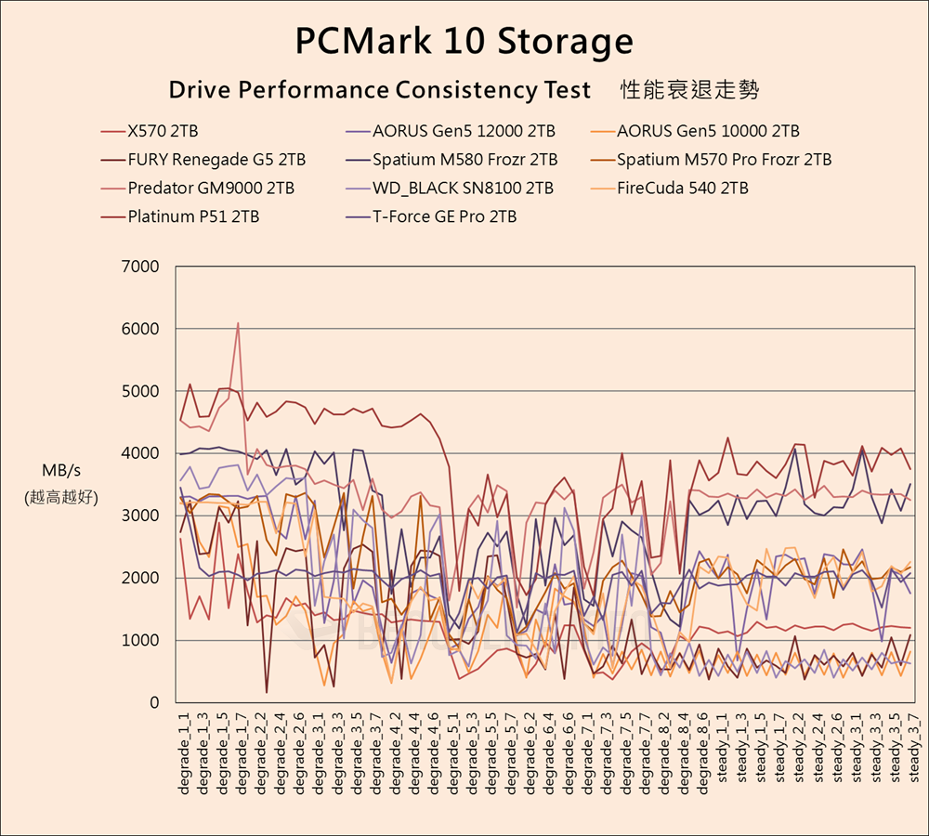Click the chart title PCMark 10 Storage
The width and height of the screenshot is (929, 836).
tap(464, 42)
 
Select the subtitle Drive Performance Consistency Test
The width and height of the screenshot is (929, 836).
tap(379, 90)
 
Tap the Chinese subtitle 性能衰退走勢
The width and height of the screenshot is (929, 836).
tap(688, 90)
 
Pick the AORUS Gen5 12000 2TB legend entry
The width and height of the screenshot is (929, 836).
tap(464, 131)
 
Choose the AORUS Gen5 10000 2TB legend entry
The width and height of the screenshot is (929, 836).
tap(708, 131)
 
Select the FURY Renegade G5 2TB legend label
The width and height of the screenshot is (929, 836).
tap(216, 160)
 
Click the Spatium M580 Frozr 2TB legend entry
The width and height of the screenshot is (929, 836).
tap(464, 160)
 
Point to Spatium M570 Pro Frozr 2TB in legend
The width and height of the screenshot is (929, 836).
tap(724, 160)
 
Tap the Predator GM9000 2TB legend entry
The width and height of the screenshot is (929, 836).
tap(211, 189)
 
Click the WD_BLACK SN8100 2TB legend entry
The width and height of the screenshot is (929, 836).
tap(463, 189)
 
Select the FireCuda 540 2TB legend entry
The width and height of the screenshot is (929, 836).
tap(682, 189)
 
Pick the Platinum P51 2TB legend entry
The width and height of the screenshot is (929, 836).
tap(193, 217)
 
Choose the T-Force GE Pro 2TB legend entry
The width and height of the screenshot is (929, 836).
tap(444, 217)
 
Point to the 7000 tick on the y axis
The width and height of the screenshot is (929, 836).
tap(141, 267)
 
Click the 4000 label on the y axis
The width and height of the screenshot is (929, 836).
tap(141, 453)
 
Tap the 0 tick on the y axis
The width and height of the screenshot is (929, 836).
tap(154, 703)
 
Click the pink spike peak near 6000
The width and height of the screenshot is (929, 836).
tap(238, 324)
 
